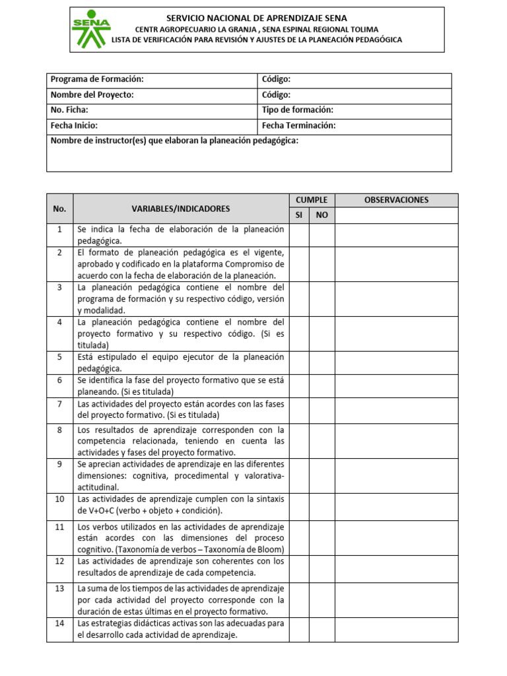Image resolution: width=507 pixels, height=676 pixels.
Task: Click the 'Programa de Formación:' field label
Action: click(x=97, y=80)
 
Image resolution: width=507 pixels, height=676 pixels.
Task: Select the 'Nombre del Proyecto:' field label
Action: click(x=92, y=95)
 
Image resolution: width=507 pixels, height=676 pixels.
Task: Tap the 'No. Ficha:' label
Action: click(x=69, y=110)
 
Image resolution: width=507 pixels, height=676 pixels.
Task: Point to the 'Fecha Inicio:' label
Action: click(x=74, y=125)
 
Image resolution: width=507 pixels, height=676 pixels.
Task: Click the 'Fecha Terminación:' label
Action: click(x=298, y=125)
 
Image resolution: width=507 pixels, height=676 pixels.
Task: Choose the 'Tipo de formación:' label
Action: click(x=297, y=110)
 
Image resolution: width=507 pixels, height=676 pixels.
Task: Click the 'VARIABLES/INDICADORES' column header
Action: click(x=180, y=209)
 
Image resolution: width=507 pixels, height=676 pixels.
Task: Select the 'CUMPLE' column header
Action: click(x=312, y=200)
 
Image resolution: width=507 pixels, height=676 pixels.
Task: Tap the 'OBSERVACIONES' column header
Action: click(x=396, y=200)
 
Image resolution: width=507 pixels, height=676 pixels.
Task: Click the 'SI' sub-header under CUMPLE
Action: click(x=299, y=215)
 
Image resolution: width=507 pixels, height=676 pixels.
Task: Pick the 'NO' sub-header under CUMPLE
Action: click(x=321, y=215)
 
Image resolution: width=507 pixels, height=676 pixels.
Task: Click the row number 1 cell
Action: click(x=59, y=229)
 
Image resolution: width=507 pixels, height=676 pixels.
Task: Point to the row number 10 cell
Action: click(x=59, y=499)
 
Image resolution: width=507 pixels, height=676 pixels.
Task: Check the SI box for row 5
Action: click(x=299, y=362)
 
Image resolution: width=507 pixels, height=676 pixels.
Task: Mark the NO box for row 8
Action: click(x=321, y=441)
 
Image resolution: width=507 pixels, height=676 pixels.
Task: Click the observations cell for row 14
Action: click(x=396, y=629)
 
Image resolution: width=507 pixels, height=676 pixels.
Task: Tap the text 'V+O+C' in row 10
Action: click(x=96, y=511)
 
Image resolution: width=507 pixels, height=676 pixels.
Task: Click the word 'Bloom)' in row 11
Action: click(x=271, y=549)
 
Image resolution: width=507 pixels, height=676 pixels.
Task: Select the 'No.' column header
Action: click(x=59, y=209)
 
